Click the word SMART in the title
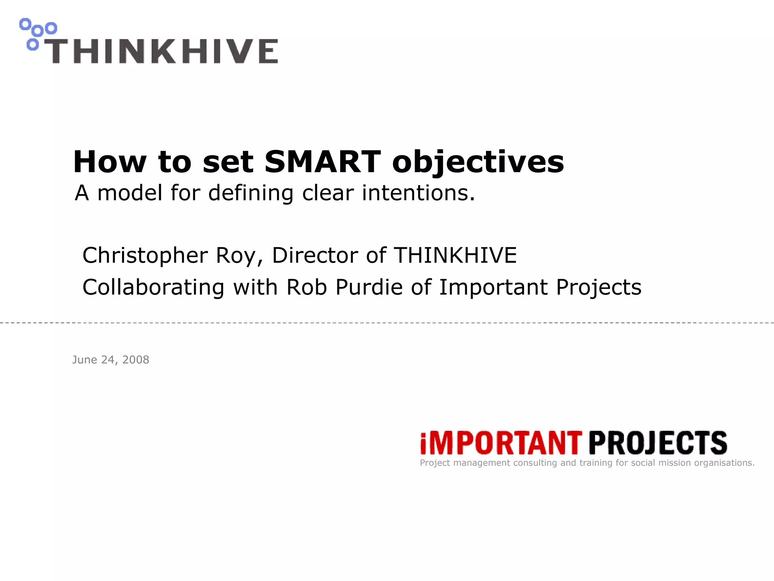(322, 162)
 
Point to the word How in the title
(110, 162)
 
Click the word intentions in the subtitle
(418, 193)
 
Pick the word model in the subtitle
(130, 193)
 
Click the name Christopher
(145, 256)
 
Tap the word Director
(314, 255)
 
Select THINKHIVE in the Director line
(455, 255)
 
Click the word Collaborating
(153, 287)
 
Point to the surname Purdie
(369, 287)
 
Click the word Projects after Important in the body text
(599, 287)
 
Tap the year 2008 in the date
(136, 360)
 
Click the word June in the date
(85, 360)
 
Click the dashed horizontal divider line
(387, 323)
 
